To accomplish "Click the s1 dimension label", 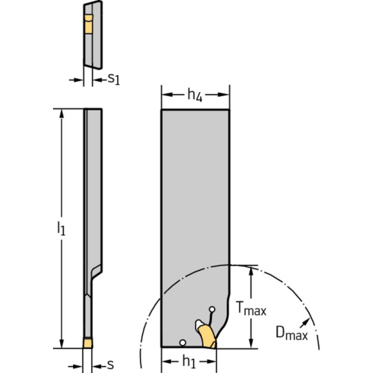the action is tap(114, 79).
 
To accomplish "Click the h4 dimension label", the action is tap(195, 95).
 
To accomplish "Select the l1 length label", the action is tap(61, 229).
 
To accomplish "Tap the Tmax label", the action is tap(251, 308).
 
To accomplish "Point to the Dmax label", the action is tap(292, 333).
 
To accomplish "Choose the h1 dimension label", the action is tap(189, 361).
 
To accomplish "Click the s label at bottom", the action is tap(110, 364).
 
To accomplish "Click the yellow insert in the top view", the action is tap(89, 24).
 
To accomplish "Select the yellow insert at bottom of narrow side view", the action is tap(88, 343).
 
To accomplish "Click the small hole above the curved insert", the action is tap(212, 309).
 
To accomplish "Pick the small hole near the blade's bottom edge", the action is tap(183, 343).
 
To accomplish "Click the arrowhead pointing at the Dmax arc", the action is tap(305, 322).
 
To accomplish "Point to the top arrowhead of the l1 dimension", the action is tap(62, 114).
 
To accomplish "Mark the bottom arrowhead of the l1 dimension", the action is tap(62, 343).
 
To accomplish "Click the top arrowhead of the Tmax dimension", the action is tap(251, 270).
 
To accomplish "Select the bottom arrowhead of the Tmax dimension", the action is tap(251, 343).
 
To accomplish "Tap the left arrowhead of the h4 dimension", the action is tap(167, 95).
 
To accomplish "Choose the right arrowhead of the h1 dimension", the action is tap(211, 362).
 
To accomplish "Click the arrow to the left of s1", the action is tap(76, 80).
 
